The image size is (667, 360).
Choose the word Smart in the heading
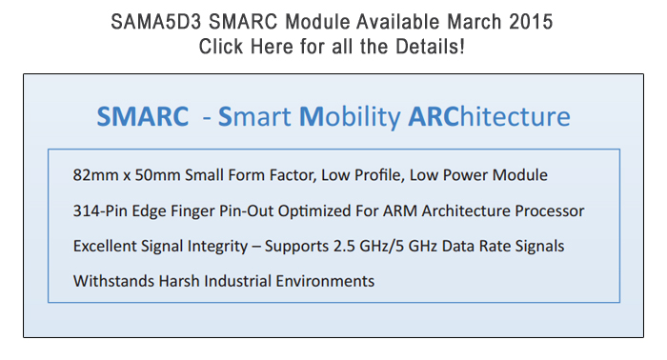pos(255,116)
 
